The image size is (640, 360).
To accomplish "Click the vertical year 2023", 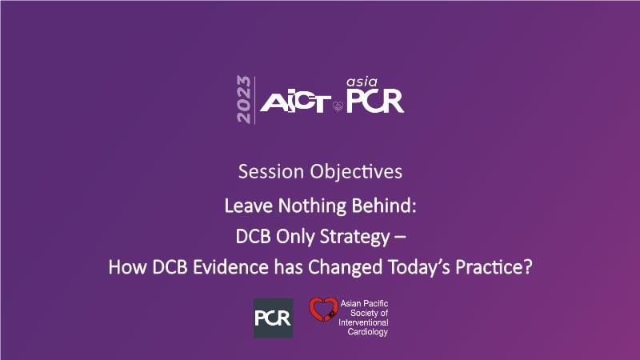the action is point(243,99).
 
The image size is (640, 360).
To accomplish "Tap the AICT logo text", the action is point(295,102).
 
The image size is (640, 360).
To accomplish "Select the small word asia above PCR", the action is point(362,82).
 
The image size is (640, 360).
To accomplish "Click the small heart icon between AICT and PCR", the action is point(338,106).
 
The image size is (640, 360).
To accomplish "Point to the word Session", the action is point(271,171).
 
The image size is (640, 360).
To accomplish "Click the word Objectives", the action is point(356,172).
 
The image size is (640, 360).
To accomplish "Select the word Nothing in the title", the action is point(312,206).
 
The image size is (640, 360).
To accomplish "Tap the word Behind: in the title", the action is point(384,206).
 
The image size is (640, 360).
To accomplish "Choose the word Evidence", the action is point(230,267).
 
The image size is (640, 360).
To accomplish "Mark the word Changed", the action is point(345,268).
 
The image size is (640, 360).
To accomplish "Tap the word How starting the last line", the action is point(128,267).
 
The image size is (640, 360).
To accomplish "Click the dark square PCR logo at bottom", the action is point(273,318).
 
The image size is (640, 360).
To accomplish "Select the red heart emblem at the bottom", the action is point(323,309).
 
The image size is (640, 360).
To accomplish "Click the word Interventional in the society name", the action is point(363,322).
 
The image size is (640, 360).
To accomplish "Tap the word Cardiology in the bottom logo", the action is point(368,332).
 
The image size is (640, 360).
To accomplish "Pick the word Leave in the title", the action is point(249,206).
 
